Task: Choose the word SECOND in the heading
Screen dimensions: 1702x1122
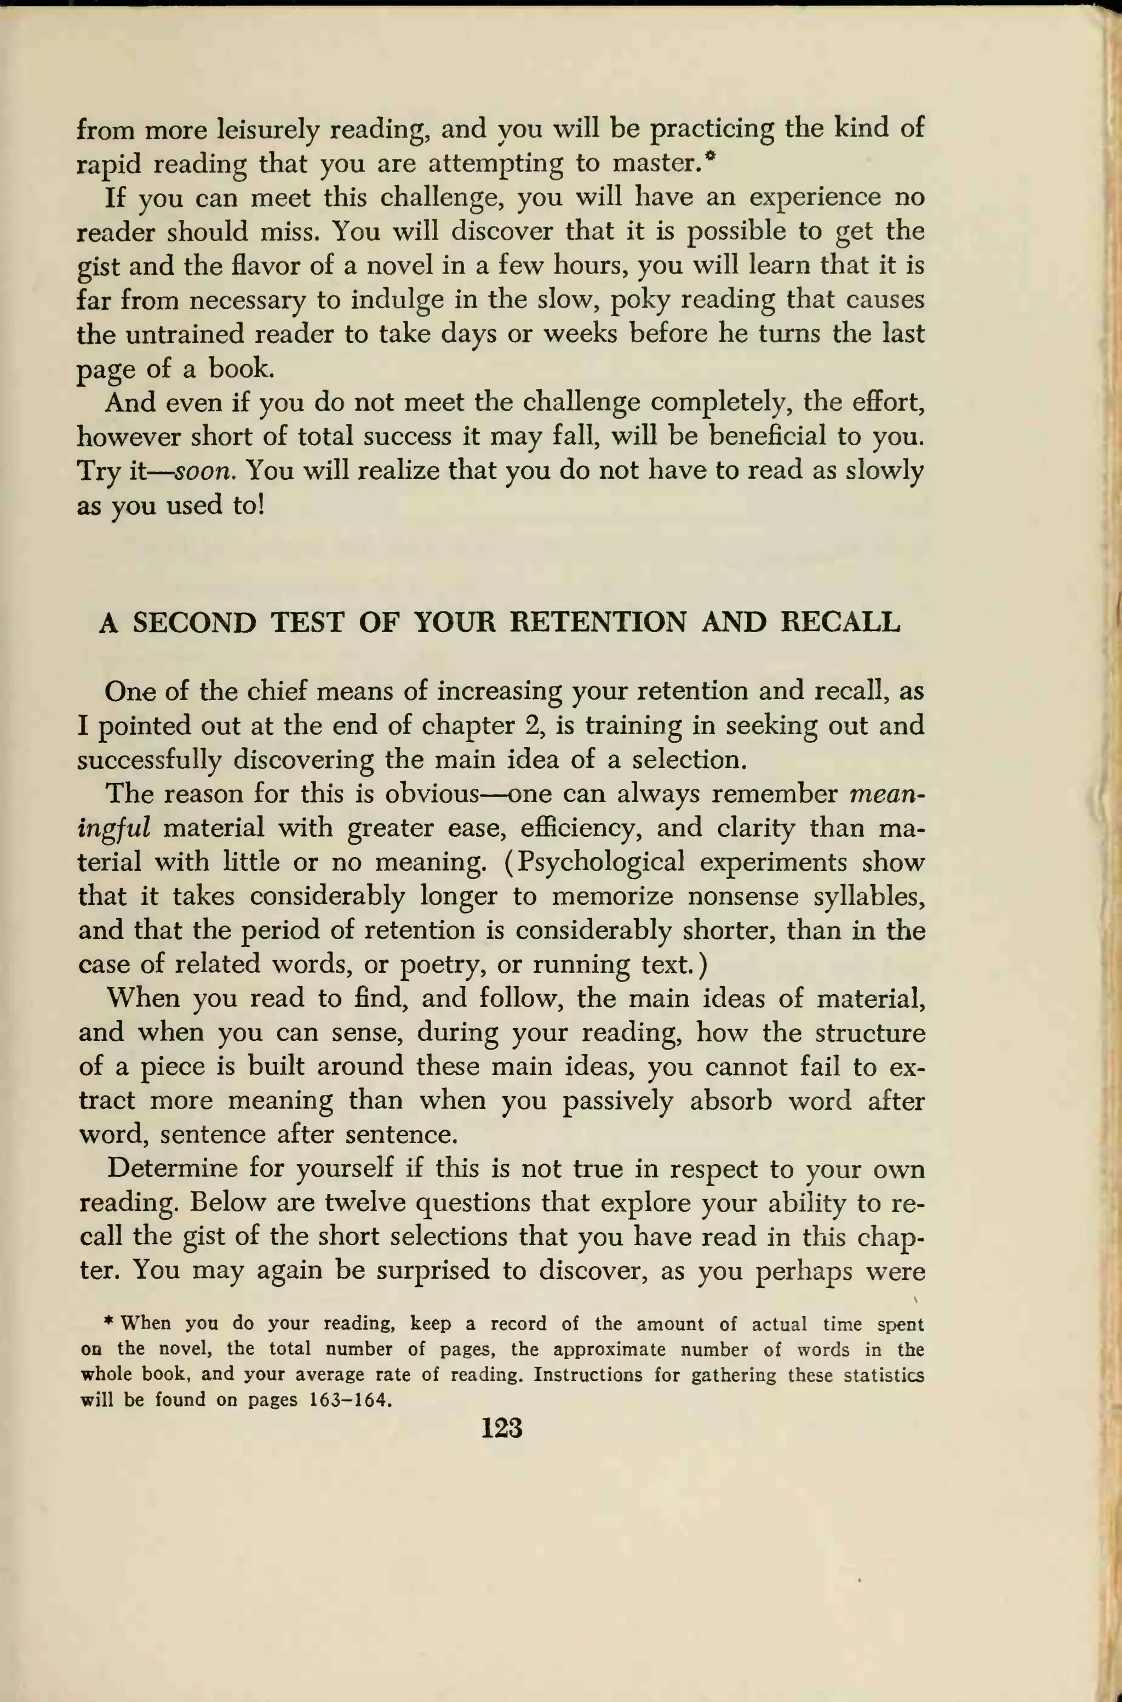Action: tap(194, 622)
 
